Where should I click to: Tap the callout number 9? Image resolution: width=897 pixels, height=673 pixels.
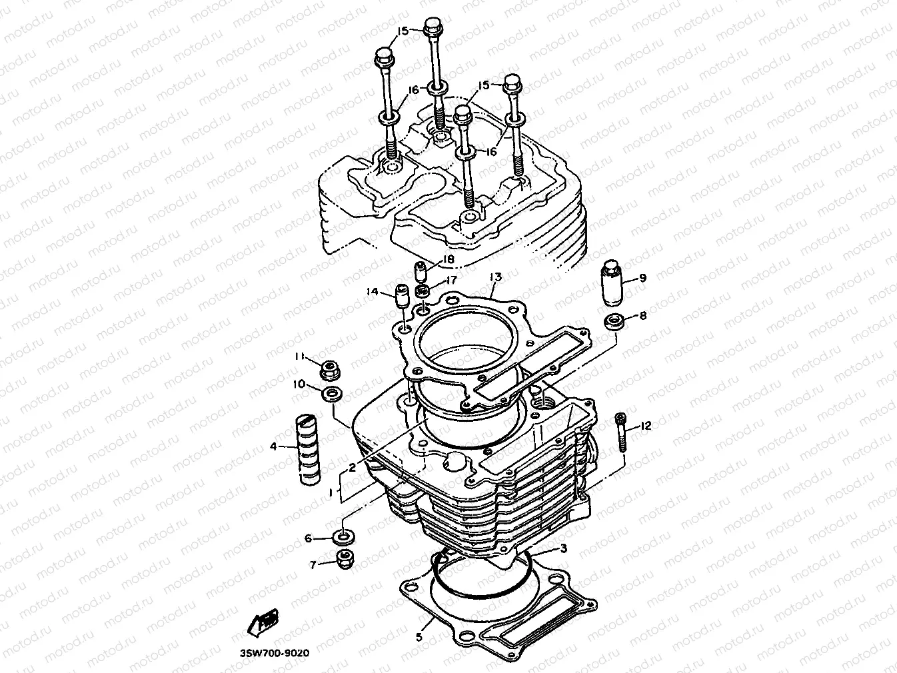pyautogui.click(x=642, y=278)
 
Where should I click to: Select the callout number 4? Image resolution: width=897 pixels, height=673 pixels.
pyautogui.click(x=273, y=446)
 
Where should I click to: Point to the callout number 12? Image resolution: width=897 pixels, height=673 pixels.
pyautogui.click(x=646, y=426)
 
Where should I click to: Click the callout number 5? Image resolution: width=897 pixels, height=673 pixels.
pyautogui.click(x=419, y=637)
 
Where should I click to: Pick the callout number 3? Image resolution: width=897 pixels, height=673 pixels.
pyautogui.click(x=563, y=548)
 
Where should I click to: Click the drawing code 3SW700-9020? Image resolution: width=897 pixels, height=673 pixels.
pyautogui.click(x=276, y=653)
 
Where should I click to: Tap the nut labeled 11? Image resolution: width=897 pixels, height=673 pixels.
pyautogui.click(x=329, y=368)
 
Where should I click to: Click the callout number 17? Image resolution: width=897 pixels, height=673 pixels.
pyautogui.click(x=451, y=281)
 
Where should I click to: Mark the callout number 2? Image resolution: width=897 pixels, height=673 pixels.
pyautogui.click(x=352, y=468)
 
